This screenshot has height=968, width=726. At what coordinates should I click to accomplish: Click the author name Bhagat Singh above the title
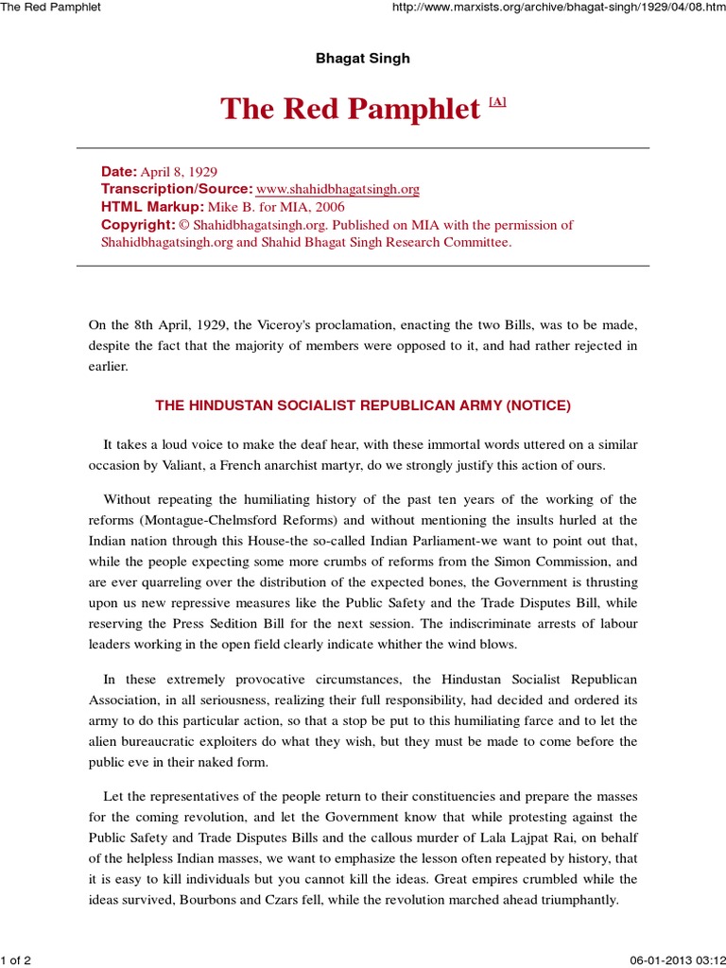[x=363, y=59]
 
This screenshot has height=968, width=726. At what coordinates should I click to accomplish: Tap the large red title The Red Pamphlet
[x=351, y=110]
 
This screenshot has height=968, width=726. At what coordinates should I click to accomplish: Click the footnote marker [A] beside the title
[x=497, y=102]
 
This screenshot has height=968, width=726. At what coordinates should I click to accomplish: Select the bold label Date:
[x=119, y=171]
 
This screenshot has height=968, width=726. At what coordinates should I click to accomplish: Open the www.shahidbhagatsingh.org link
[x=337, y=189]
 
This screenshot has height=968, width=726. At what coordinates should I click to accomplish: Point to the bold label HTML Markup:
[x=152, y=207]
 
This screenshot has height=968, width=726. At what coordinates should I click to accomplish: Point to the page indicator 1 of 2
[x=17, y=960]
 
